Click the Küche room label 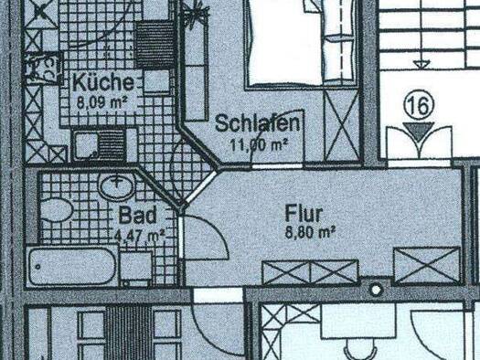tap(103, 82)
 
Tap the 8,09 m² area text tap(101, 102)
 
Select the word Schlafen tap(257, 123)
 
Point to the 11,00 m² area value tap(259, 144)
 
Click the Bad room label tap(137, 215)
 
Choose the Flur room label tap(304, 214)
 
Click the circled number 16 tap(419, 105)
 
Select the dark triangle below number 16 tap(419, 131)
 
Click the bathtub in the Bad tap(72, 267)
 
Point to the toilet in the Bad tap(56, 210)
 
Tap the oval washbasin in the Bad tap(117, 186)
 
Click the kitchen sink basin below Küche tap(86, 143)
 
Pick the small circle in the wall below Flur tap(376, 289)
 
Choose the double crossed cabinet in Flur tap(310, 272)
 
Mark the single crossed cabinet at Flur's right tap(427, 265)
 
